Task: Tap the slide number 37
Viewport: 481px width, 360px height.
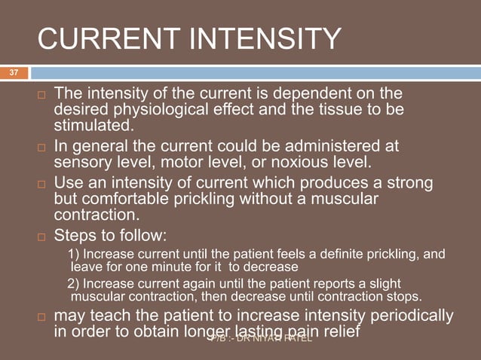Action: pyautogui.click(x=13, y=73)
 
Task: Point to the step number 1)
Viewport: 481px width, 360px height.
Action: pyautogui.click(x=73, y=254)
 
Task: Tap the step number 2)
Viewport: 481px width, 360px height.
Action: pyautogui.click(x=73, y=283)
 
